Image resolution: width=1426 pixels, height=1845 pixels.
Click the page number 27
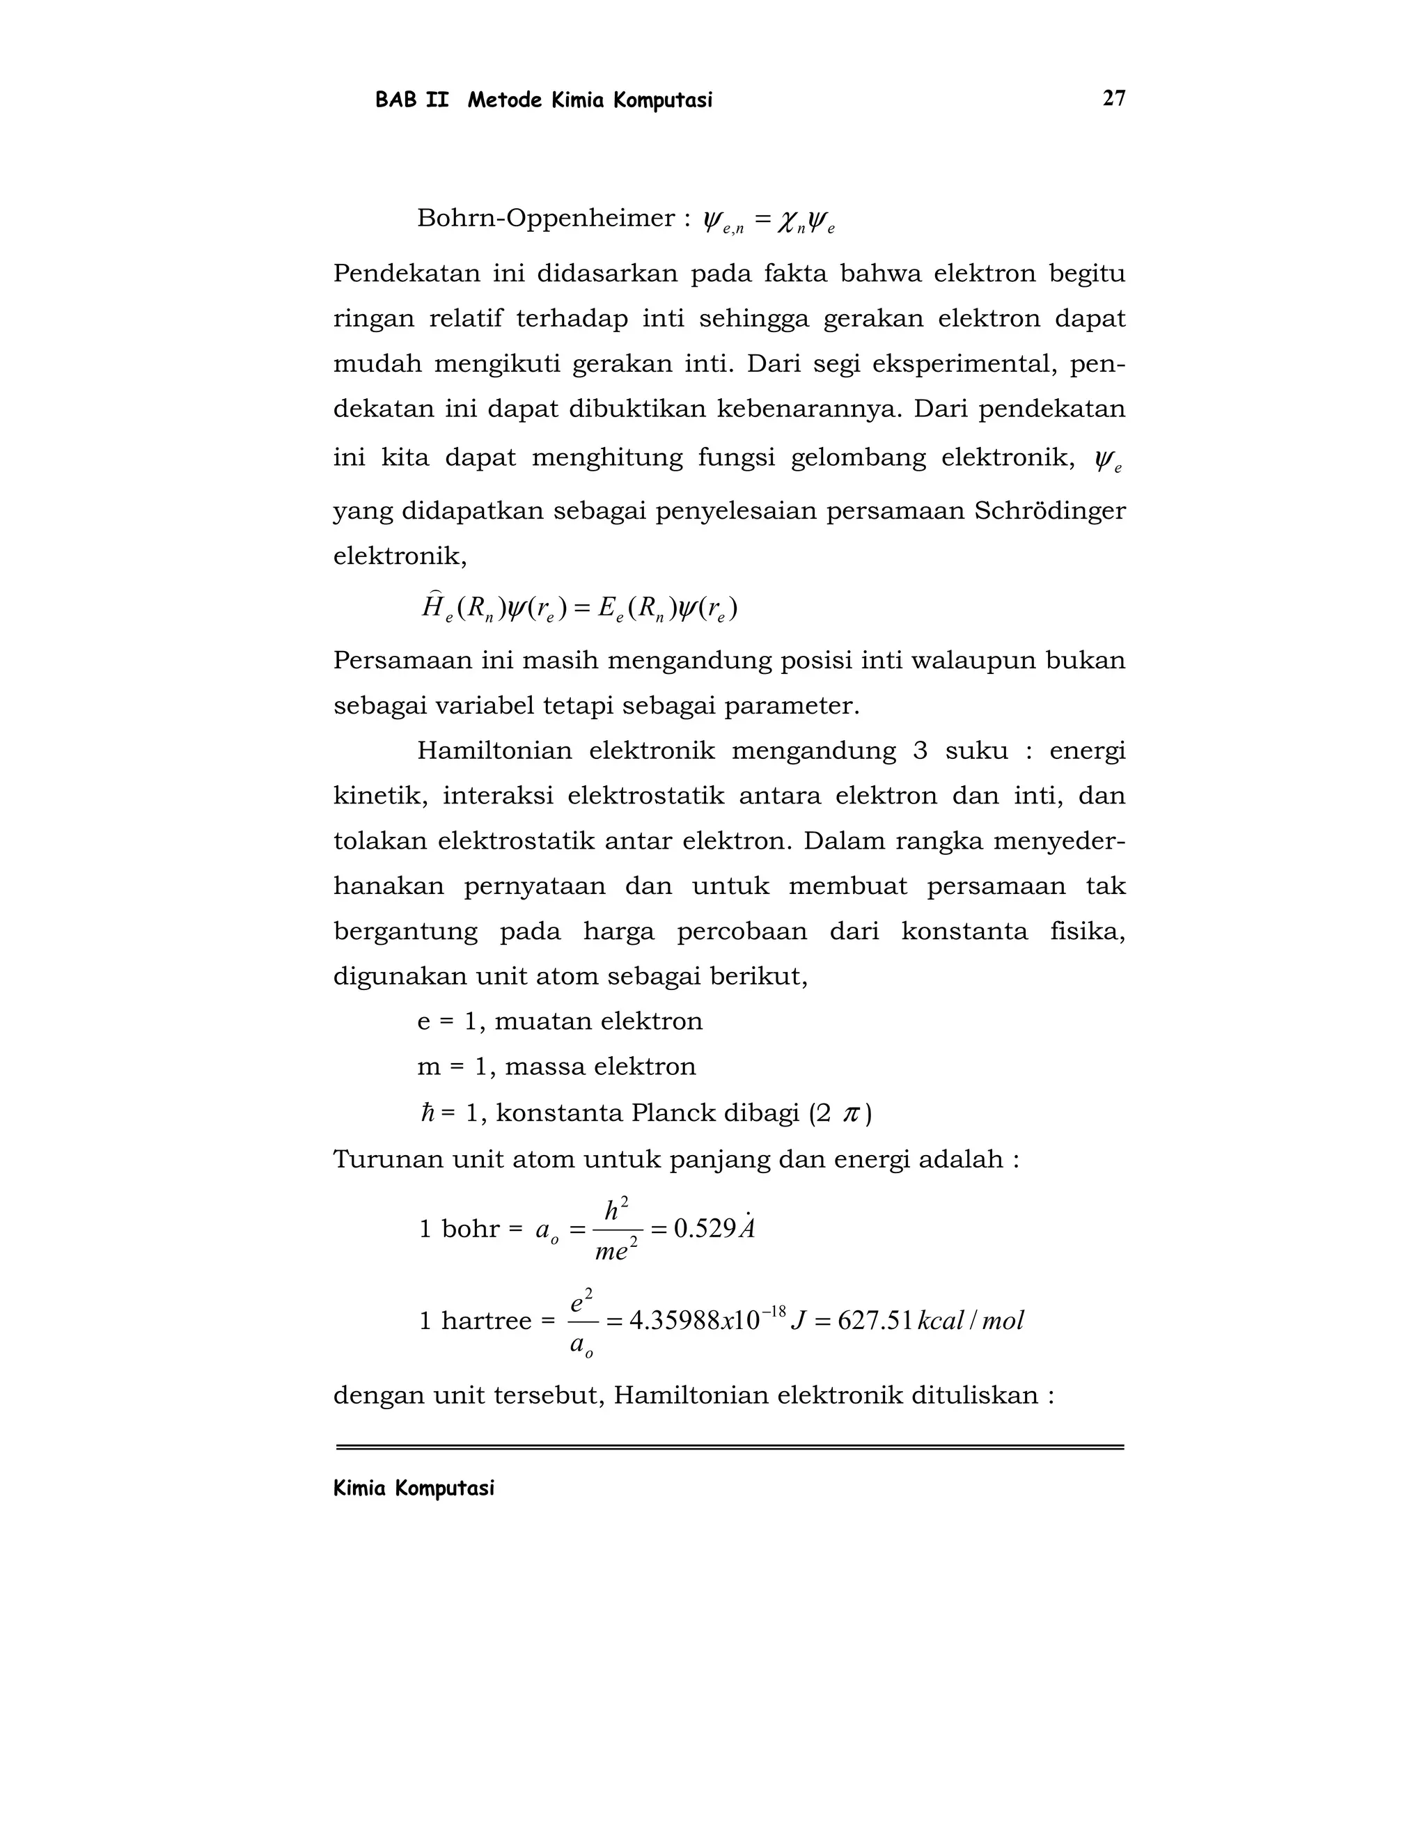[x=1113, y=99]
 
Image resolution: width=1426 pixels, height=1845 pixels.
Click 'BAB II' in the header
[x=412, y=100]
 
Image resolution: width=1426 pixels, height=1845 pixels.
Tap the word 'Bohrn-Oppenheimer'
[x=546, y=219]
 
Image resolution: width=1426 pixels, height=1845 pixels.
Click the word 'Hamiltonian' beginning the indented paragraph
[x=494, y=751]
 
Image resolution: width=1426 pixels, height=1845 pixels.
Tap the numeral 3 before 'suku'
[x=920, y=751]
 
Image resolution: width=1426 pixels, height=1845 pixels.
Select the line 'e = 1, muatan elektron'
[x=559, y=1021]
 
